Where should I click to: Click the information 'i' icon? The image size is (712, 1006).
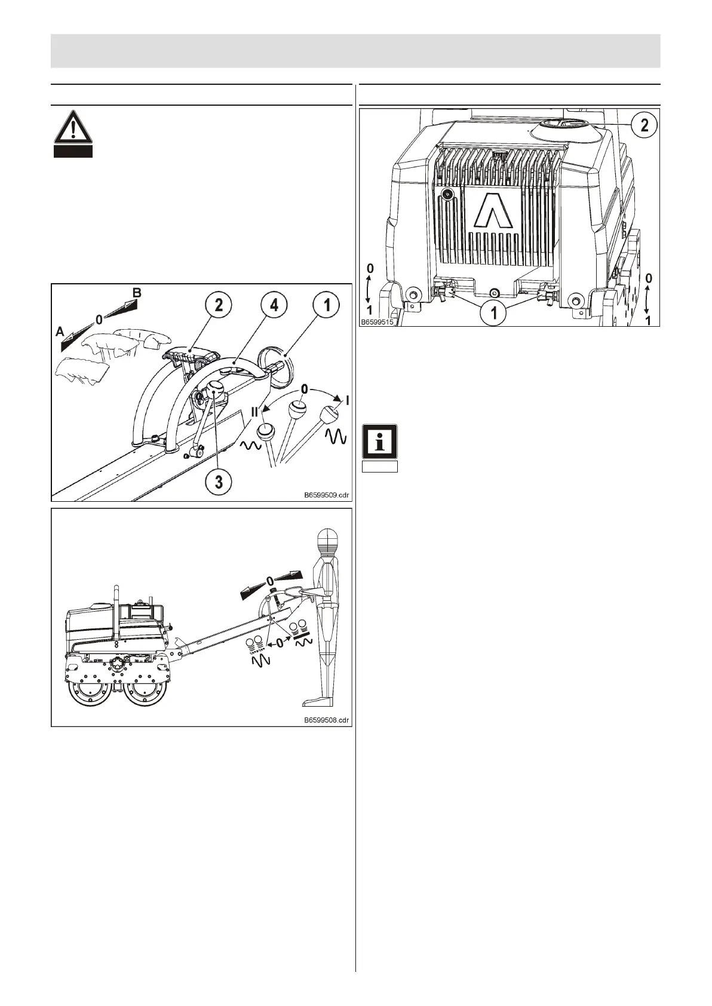coord(380,441)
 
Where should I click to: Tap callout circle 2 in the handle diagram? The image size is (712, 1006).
coord(219,305)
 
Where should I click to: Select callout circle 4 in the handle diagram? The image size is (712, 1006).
coord(274,305)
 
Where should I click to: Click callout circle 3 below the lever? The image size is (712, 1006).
coord(219,481)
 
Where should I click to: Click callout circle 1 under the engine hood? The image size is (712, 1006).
coord(493,312)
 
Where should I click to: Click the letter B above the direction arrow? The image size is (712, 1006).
coord(137,293)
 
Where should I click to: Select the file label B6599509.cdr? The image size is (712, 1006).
coord(326,495)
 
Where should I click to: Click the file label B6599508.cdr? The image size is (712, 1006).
coord(326,720)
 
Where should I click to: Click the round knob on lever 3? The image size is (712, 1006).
coord(216,392)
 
